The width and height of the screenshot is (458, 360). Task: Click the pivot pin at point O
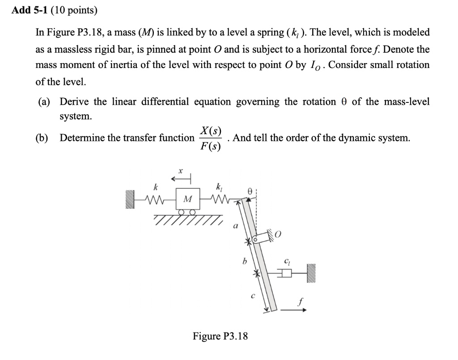pyautogui.click(x=255, y=240)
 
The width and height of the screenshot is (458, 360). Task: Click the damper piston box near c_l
pyautogui.click(x=286, y=273)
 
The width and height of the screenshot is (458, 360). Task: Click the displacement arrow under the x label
pyautogui.click(x=182, y=180)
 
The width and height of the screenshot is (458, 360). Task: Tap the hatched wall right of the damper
pyautogui.click(x=311, y=273)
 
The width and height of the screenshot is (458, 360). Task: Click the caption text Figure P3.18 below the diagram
pyautogui.click(x=220, y=336)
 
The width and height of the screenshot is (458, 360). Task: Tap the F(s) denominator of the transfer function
pyautogui.click(x=210, y=146)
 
